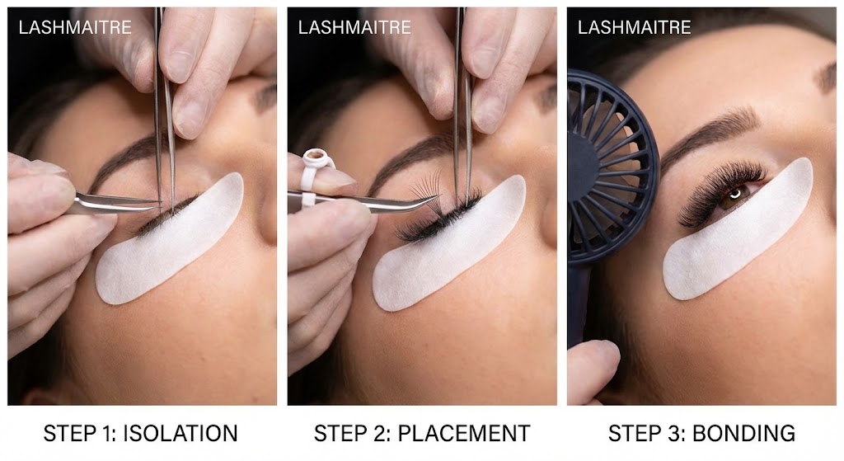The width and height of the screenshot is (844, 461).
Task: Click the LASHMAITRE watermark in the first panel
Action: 74,27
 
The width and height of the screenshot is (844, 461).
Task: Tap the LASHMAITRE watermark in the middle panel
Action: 354,27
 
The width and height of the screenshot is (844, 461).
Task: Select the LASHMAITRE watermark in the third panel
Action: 634,27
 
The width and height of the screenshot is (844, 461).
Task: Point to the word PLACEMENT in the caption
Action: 470,433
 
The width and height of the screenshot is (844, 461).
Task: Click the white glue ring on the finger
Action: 314,160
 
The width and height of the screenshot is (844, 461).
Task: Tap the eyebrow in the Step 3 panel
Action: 709,132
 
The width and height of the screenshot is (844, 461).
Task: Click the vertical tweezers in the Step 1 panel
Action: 164,99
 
